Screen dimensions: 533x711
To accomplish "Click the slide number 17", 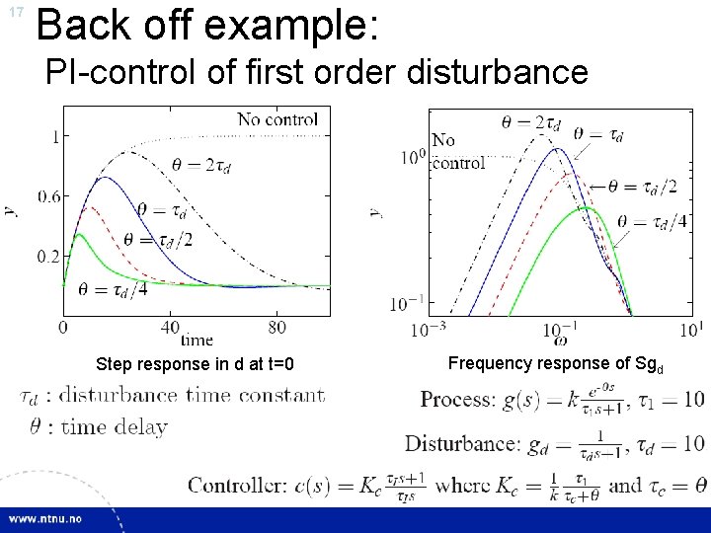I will pos(16,13).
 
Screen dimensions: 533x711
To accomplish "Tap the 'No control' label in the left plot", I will pos(277,119).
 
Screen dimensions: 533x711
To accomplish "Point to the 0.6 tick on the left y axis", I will pos(49,196).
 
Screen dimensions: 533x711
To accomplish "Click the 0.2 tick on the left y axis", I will pos(49,256).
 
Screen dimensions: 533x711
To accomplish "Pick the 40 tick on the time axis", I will pos(171,327).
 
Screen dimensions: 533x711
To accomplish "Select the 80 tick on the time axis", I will pos(277,327).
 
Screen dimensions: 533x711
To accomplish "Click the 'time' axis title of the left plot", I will pos(197,339).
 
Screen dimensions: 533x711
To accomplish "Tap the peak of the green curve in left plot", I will pos(78,234).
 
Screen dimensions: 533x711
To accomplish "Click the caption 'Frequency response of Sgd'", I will pos(556,363).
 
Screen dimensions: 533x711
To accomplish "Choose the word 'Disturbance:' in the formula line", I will pos(461,443).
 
